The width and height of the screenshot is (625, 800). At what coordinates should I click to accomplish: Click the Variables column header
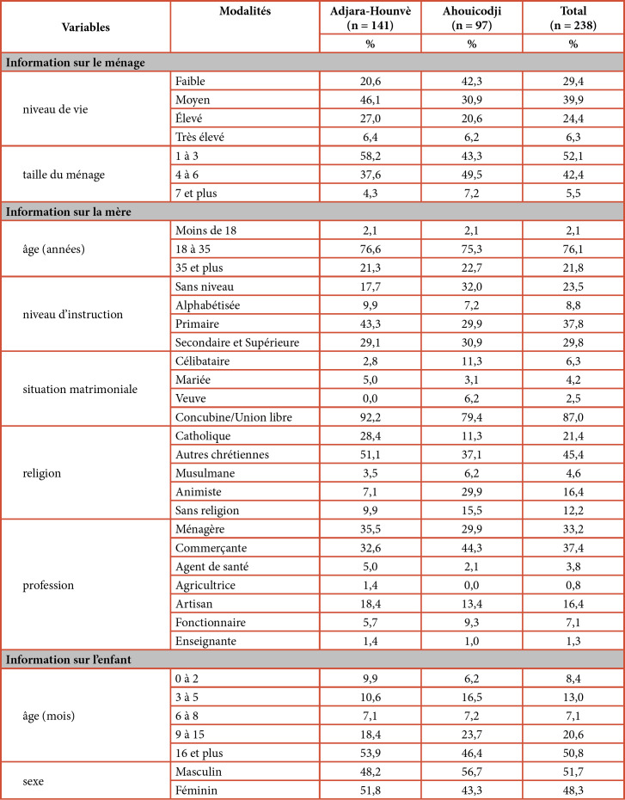[86, 27]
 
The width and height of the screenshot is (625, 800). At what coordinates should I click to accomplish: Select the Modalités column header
[244, 10]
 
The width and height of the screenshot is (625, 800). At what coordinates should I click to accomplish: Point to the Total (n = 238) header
[573, 17]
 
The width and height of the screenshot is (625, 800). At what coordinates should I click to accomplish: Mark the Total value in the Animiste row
[573, 492]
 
